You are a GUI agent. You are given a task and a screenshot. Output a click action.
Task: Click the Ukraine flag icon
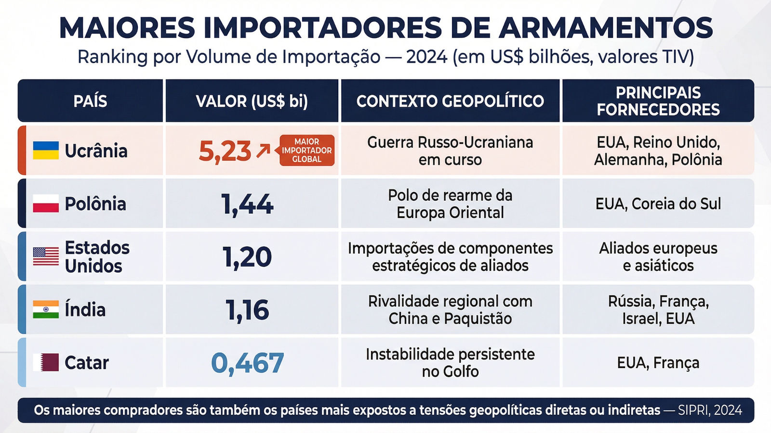[46, 151]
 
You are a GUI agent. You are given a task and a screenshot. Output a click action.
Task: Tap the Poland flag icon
[46, 204]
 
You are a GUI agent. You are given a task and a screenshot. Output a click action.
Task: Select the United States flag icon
[46, 256]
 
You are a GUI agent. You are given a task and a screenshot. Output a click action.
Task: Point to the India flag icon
[46, 309]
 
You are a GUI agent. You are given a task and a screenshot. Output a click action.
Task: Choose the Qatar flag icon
[46, 362]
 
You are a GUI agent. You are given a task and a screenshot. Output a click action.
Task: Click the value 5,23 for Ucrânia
[225, 152]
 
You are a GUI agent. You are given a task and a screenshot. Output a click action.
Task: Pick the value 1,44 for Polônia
[247, 204]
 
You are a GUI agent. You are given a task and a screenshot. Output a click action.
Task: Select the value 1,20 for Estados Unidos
[247, 257]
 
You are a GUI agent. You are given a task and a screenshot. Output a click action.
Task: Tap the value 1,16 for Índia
[247, 310]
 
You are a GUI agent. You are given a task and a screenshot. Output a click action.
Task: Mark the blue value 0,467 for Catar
[247, 363]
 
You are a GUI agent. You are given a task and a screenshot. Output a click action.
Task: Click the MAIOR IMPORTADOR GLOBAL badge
[307, 151]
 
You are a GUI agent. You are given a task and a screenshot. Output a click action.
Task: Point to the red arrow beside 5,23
[263, 151]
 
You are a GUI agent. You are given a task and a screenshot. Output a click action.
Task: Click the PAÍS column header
[90, 101]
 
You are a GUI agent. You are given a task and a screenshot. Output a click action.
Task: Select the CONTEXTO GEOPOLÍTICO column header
[450, 101]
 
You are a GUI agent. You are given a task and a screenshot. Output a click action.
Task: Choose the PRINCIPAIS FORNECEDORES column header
[658, 101]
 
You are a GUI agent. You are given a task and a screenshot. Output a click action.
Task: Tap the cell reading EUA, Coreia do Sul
[658, 204]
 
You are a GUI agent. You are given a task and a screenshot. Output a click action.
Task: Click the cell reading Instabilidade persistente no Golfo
[450, 363]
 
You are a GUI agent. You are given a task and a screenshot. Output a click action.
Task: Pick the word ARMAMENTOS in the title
[606, 28]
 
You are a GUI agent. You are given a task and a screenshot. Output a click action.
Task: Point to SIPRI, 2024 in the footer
[710, 410]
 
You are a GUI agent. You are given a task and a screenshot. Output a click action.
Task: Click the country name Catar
[87, 363]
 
